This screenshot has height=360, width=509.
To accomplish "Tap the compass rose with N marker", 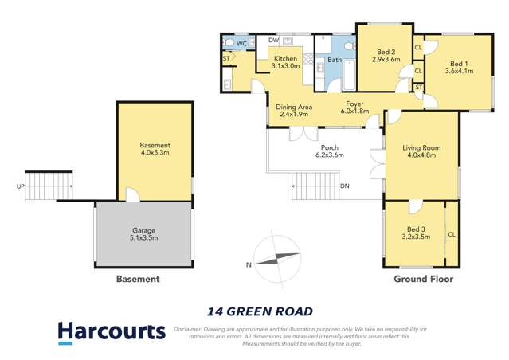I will pos(275,259).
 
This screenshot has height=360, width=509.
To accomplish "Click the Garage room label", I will pos(144,230).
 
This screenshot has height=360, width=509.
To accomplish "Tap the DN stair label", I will pos(344,186).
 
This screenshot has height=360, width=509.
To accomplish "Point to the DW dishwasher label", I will pos(272,40).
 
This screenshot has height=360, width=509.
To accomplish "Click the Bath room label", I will pos(334,59).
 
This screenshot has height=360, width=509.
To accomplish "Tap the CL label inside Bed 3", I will pos(452,235).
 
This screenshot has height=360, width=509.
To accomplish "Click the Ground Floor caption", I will pos(423,280).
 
